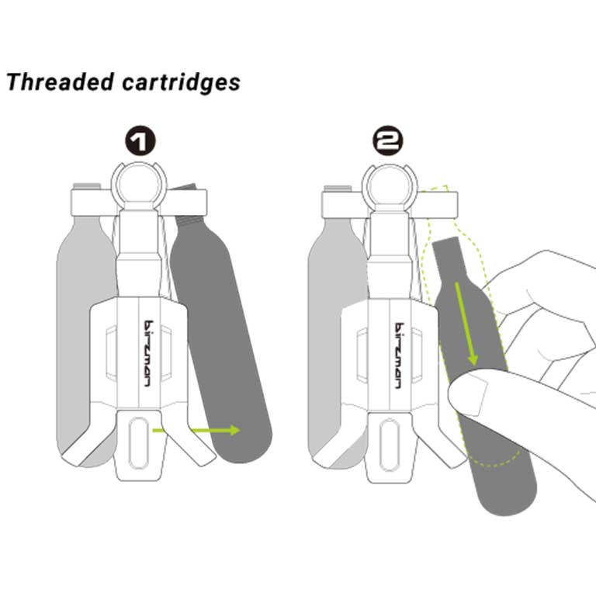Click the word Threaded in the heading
(61, 81)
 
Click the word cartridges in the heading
(182, 82)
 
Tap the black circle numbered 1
(140, 140)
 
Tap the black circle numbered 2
(388, 141)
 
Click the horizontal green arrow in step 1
(196, 430)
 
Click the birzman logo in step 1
(149, 354)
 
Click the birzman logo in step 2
(399, 355)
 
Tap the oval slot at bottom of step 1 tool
(138, 443)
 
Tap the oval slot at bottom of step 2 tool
(389, 445)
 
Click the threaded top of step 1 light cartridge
(87, 186)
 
